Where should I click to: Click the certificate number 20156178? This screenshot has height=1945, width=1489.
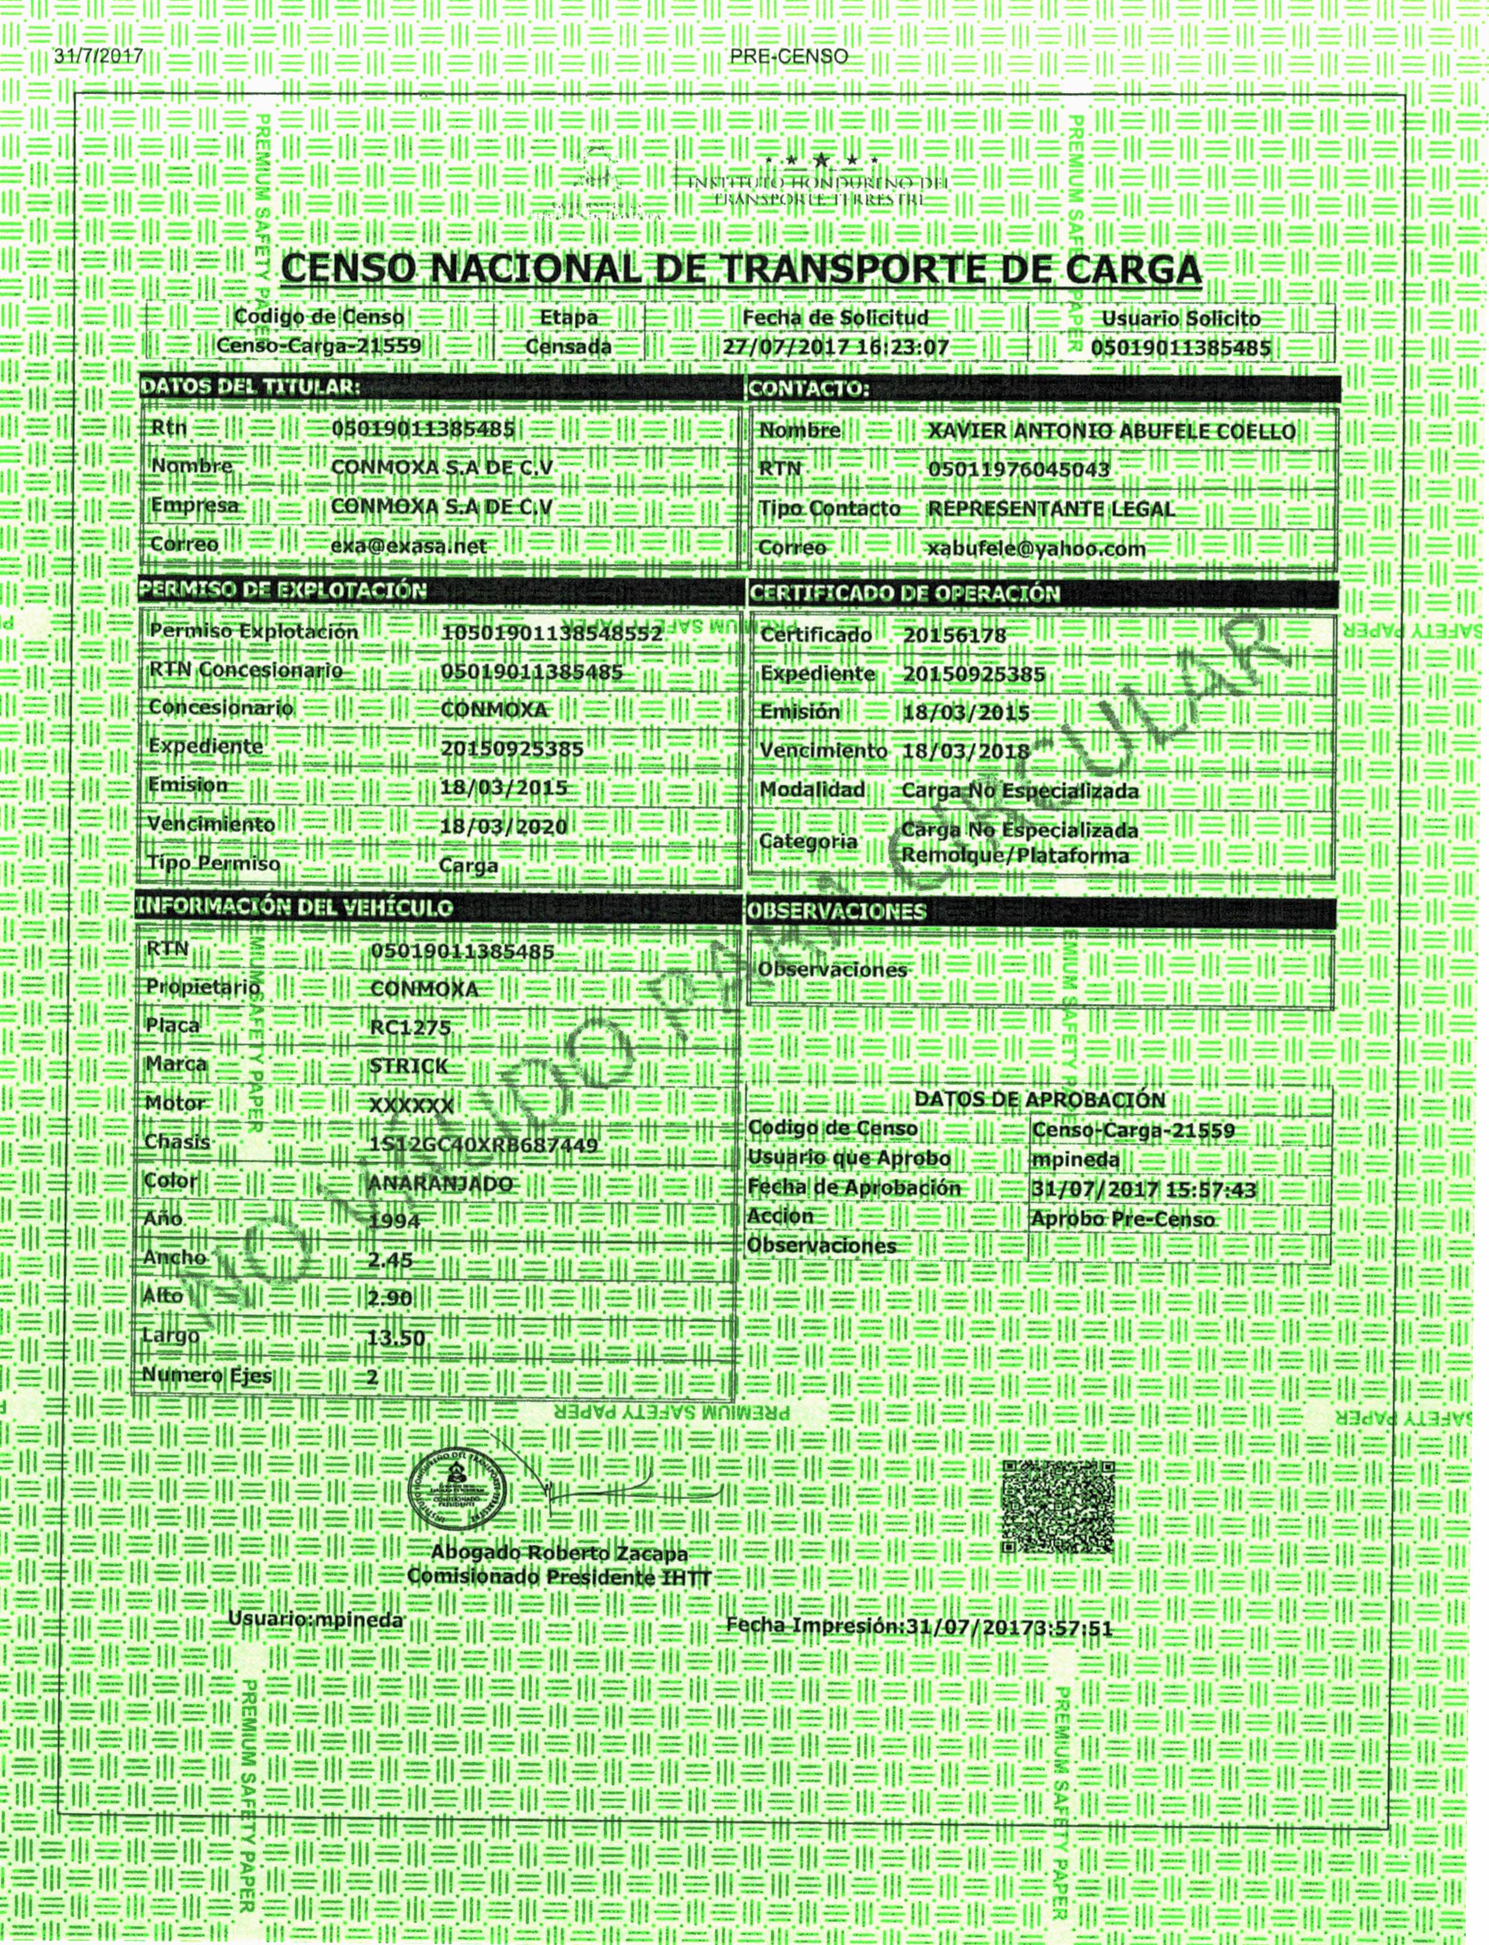(x=955, y=636)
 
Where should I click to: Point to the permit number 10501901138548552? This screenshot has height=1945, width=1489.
(x=551, y=634)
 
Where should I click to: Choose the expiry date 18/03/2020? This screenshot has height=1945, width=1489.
(x=503, y=827)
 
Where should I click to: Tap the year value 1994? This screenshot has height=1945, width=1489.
(x=394, y=1222)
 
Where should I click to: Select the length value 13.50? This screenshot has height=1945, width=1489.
(x=396, y=1338)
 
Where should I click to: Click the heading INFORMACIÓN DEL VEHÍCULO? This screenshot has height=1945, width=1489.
(x=294, y=908)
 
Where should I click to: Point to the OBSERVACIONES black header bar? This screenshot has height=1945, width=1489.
(x=1041, y=912)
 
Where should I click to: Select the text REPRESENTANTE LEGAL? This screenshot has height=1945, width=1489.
(x=1051, y=510)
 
